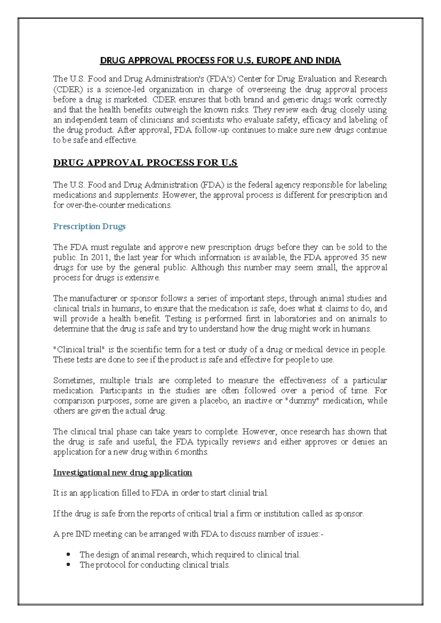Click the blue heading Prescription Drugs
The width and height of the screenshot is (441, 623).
89,226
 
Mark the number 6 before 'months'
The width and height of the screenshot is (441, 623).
177,452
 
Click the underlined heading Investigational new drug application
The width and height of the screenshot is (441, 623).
122,472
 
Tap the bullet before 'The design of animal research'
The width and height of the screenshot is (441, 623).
68,554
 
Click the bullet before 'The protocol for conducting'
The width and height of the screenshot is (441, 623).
68,565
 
